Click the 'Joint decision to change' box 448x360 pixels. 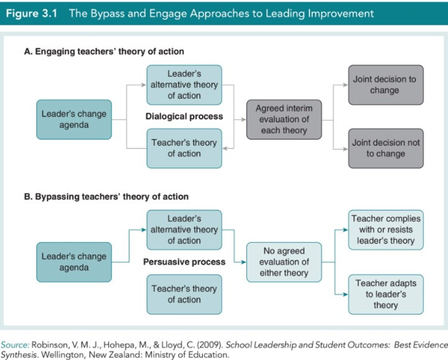pyautogui.click(x=386, y=85)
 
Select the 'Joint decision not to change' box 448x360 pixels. pyautogui.click(x=386, y=148)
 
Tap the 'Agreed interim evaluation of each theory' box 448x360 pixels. pyautogui.click(x=284, y=120)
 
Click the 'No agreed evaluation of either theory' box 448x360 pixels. pyautogui.click(x=284, y=262)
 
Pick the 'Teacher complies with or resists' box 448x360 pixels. pyautogui.click(x=386, y=230)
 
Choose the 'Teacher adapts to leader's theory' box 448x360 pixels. pyautogui.click(x=386, y=295)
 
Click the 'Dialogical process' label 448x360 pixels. pyautogui.click(x=184, y=116)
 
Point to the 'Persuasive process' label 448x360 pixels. pyautogui.click(x=184, y=262)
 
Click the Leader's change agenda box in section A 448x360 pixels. pyautogui.click(x=74, y=120)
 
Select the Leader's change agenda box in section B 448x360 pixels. pyautogui.click(x=74, y=262)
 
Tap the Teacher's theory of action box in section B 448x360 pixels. pyautogui.click(x=184, y=295)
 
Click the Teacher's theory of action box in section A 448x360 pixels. pyautogui.click(x=184, y=148)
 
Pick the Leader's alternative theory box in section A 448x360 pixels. pyautogui.click(x=184, y=85)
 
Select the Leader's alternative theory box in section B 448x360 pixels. pyautogui.click(x=184, y=230)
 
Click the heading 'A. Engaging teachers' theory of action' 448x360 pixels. pyautogui.click(x=104, y=52)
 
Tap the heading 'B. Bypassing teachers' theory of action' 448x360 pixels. pyautogui.click(x=106, y=197)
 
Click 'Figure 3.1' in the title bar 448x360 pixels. pyautogui.click(x=32, y=14)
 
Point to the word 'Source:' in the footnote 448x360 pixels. pyautogui.click(x=15, y=345)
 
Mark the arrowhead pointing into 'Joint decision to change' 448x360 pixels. pyautogui.click(x=345, y=85)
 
